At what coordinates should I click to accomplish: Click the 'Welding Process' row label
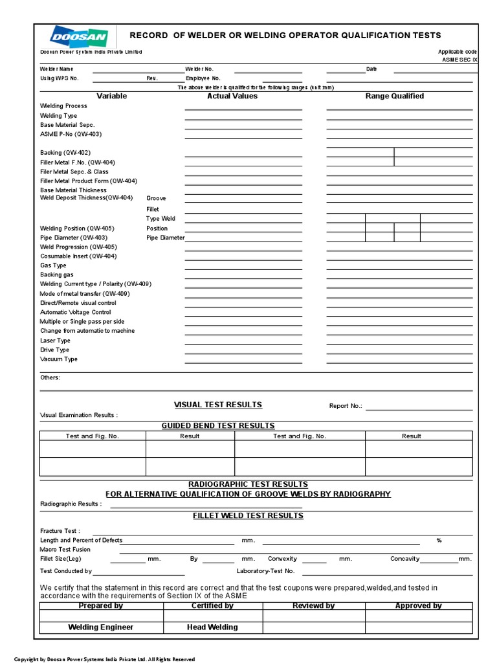tap(63, 106)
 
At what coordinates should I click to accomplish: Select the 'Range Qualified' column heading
tap(395, 96)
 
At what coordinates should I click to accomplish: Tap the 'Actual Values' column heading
tap(232, 96)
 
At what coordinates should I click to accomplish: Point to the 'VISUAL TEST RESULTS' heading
tap(218, 405)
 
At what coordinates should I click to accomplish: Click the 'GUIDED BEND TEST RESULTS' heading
tap(218, 425)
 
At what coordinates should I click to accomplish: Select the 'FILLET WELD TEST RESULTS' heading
tap(248, 515)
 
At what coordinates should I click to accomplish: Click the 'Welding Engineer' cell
tap(101, 627)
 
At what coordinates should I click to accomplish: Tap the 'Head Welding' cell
tap(212, 627)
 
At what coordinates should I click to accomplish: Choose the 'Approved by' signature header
tap(418, 606)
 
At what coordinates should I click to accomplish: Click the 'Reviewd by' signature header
tap(313, 606)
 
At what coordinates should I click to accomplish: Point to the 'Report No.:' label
tap(346, 407)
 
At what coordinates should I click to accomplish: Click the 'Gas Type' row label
tap(53, 265)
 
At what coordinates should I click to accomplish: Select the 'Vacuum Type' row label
tap(59, 359)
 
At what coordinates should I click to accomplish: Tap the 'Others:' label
tap(50, 377)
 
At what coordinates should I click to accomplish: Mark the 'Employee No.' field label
tap(203, 78)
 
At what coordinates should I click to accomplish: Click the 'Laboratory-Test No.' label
tap(265, 571)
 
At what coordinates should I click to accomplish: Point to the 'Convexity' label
tap(282, 559)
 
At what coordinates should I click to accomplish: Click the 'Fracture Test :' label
tap(60, 531)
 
